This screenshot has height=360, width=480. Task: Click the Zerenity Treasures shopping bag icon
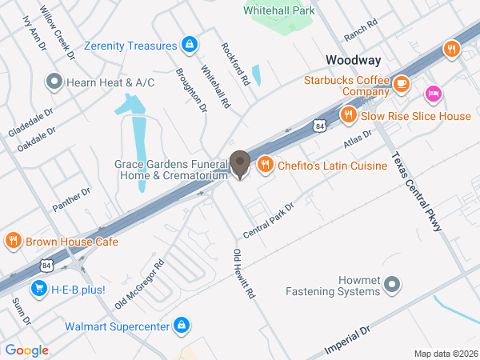190,44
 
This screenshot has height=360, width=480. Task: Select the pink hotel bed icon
434,94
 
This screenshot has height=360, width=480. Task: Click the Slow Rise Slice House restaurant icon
348,116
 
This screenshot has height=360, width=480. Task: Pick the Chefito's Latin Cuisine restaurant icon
261,166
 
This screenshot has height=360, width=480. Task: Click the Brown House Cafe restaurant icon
13,241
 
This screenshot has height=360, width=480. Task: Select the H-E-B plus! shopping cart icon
38,289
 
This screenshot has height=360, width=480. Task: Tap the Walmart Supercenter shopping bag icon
182,326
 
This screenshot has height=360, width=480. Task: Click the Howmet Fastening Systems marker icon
392,283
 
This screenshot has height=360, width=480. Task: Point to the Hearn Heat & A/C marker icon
54,80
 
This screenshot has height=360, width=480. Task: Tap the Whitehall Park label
278,10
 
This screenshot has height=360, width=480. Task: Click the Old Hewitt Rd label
243,274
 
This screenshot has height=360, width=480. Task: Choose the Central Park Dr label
269,218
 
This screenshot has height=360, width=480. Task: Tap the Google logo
26,350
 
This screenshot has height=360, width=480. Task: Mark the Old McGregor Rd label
140,285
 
